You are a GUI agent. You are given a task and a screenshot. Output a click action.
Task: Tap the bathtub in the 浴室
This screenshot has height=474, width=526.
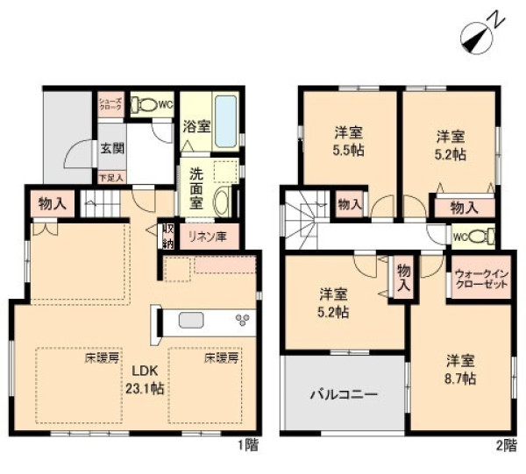[x=227, y=122]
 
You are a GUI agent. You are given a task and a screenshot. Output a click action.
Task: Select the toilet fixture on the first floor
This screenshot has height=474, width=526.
[x=144, y=105]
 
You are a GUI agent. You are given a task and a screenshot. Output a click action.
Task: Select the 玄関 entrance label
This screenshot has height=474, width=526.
[x=110, y=148]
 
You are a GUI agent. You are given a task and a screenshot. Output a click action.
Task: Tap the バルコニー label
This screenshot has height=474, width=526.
[x=343, y=395]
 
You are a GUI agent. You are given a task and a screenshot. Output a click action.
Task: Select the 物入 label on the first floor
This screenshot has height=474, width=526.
[x=52, y=204]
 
